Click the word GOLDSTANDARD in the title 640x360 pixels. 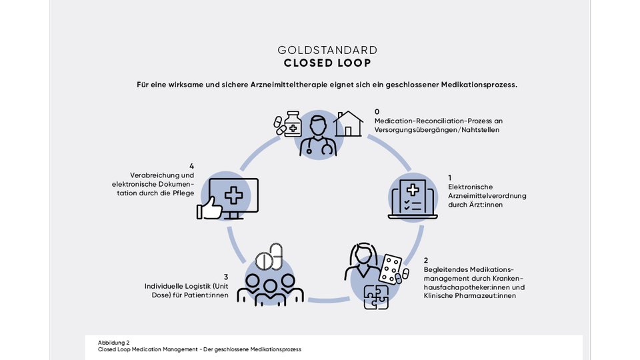click(327, 50)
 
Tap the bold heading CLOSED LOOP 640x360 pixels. click(327, 63)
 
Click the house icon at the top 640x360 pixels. click(348, 124)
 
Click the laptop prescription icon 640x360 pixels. click(413, 197)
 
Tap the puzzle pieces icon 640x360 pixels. click(377, 297)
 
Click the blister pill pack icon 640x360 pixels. click(392, 268)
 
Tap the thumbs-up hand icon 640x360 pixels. click(209, 209)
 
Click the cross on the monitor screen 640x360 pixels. click(233, 195)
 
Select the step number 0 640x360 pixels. click(377, 112)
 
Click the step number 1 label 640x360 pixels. click(450, 177)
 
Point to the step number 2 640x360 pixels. click(426, 260)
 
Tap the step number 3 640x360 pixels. click(226, 277)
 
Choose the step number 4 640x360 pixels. click(191, 166)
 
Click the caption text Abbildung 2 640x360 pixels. click(113, 342)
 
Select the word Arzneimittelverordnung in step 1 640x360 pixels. click(487, 196)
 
